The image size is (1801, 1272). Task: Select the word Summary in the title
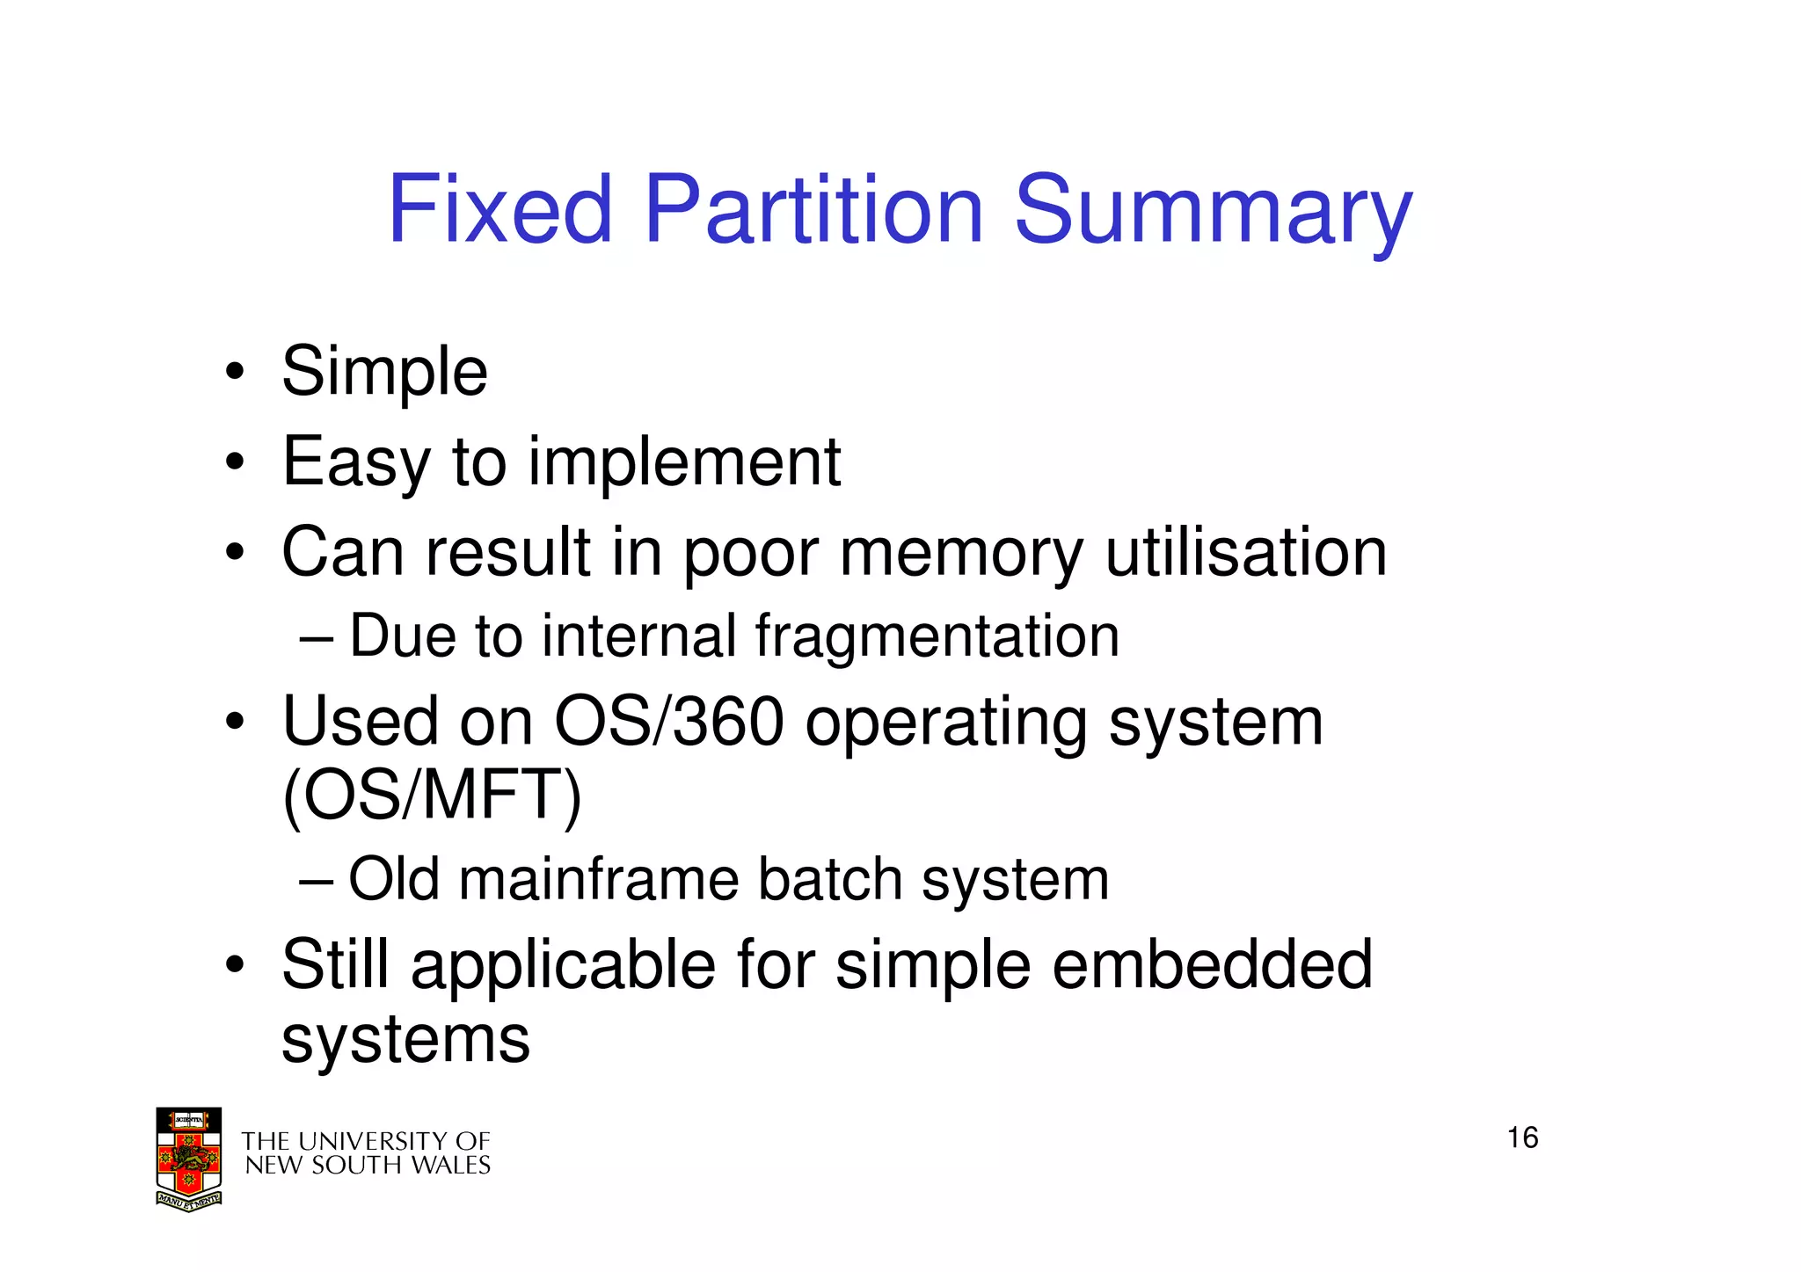click(1213, 211)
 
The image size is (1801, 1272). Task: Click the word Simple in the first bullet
click(384, 373)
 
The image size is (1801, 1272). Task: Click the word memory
click(961, 554)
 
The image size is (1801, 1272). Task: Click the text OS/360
click(668, 722)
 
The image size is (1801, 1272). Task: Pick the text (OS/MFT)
click(432, 796)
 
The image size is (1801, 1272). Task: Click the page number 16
click(1522, 1138)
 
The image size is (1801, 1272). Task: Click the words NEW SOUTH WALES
click(368, 1166)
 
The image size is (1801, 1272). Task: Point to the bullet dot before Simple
click(234, 373)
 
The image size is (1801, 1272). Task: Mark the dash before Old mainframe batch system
click(316, 880)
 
